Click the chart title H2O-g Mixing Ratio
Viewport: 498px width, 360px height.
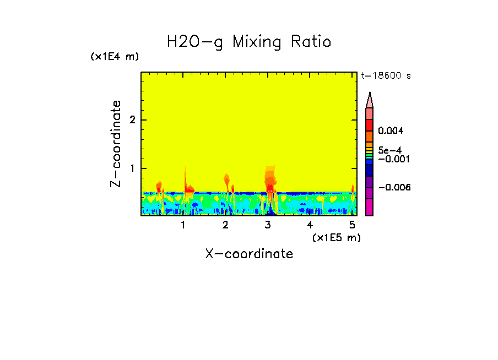coord(249,42)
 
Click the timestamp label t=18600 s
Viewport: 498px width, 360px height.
coord(386,76)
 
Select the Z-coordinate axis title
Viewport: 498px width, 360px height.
coord(116,144)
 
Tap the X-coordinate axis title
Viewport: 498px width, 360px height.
coord(249,254)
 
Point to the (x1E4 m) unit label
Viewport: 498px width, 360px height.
coord(115,57)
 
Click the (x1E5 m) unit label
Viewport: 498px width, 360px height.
coord(336,237)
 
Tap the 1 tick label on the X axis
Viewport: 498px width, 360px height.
coord(183,225)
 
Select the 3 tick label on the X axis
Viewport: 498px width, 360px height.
coord(268,225)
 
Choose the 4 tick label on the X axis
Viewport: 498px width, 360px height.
coord(310,225)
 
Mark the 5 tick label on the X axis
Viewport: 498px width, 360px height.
coord(352,225)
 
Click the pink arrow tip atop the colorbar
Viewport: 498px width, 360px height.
coord(370,100)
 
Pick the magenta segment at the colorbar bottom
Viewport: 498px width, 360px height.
coord(369,207)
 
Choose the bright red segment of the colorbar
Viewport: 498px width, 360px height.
coord(369,124)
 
